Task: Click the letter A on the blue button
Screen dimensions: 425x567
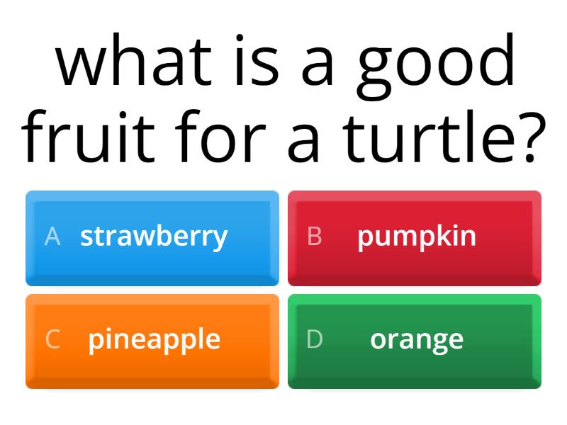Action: click(x=52, y=237)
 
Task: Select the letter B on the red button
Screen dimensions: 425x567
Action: click(x=315, y=237)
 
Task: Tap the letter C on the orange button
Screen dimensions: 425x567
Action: click(x=52, y=339)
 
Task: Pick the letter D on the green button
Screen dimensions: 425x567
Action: click(x=315, y=339)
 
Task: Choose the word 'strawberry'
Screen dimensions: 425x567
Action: click(x=154, y=237)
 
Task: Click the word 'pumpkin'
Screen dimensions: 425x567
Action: click(x=417, y=237)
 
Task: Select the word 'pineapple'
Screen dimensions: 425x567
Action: click(x=154, y=340)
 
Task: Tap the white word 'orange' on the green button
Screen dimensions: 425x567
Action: click(x=417, y=340)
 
